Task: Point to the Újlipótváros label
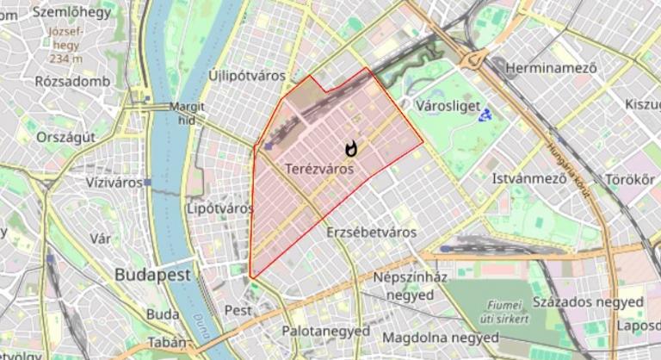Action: (x=247, y=76)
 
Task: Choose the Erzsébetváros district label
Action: (x=372, y=233)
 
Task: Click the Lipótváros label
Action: (x=219, y=208)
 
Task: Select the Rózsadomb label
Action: (x=70, y=81)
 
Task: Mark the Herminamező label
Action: (x=552, y=66)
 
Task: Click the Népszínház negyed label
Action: (x=410, y=286)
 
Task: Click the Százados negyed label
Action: (x=588, y=302)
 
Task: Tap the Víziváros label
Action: (x=114, y=183)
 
